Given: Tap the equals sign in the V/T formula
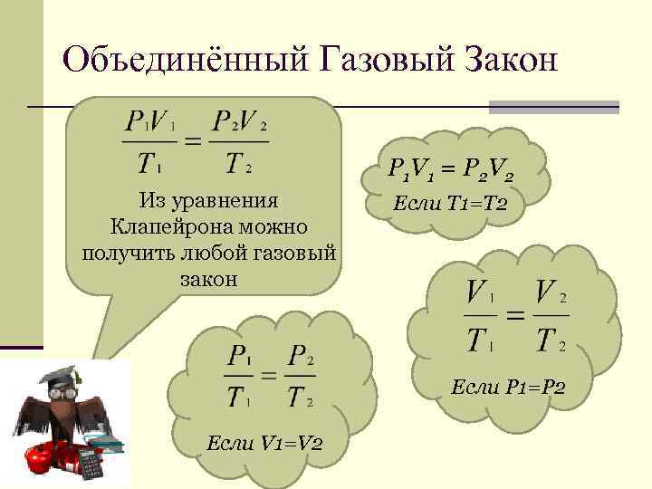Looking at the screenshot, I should coord(513,316).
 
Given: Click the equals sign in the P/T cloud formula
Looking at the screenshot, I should coord(269,374).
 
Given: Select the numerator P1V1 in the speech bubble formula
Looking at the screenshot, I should coord(150,120).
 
